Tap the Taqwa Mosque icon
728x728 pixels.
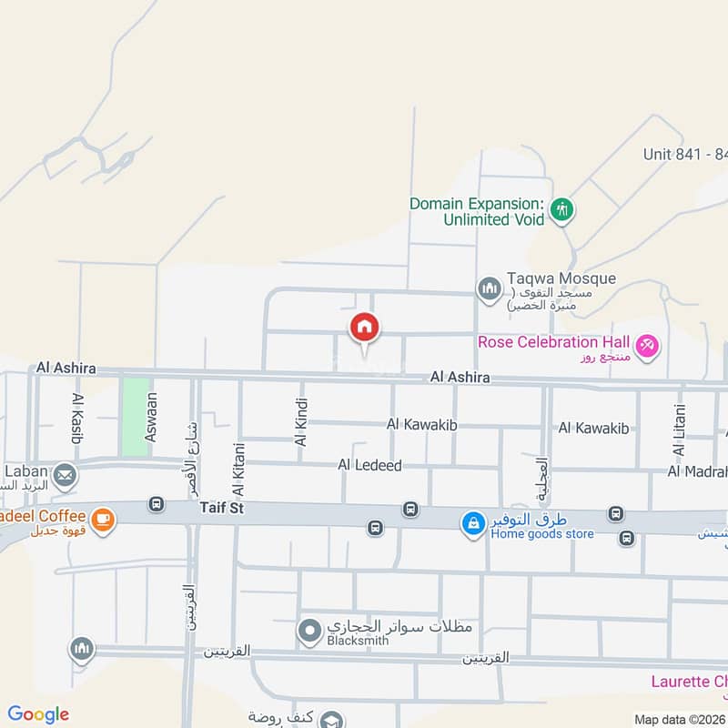pyautogui.click(x=490, y=288)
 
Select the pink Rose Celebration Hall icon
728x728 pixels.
pyautogui.click(x=647, y=346)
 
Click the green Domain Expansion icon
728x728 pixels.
pyautogui.click(x=563, y=210)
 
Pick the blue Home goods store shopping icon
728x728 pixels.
pyautogui.click(x=472, y=523)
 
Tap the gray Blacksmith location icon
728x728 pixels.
pyautogui.click(x=309, y=629)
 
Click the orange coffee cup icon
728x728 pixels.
pyautogui.click(x=103, y=519)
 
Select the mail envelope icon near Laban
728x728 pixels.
pyautogui.click(x=65, y=474)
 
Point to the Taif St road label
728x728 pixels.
pyautogui.click(x=221, y=508)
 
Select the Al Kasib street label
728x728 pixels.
pyautogui.click(x=77, y=419)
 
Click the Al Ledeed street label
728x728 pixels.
pyautogui.click(x=369, y=465)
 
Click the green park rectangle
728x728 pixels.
pyautogui.click(x=135, y=417)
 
